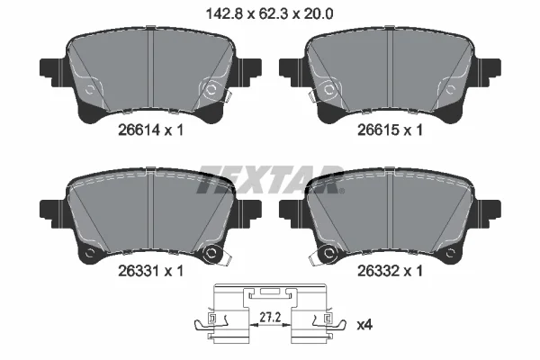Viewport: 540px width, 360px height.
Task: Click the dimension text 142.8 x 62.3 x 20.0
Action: tap(269, 14)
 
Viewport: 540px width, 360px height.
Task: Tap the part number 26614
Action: tap(139, 130)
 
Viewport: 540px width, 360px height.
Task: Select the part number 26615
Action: tap(378, 130)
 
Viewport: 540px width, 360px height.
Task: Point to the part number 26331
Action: tap(139, 271)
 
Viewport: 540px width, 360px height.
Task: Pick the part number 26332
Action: tap(378, 271)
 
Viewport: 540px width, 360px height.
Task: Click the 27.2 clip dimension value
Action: tap(270, 318)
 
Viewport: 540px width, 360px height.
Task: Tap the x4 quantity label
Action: tap(364, 325)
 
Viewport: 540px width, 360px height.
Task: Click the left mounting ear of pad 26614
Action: tap(52, 72)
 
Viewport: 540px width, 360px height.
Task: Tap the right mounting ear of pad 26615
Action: tap(489, 72)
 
